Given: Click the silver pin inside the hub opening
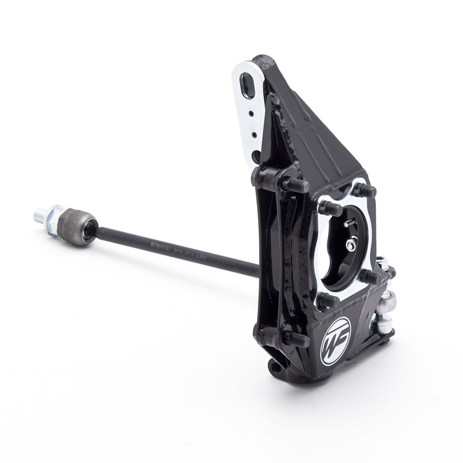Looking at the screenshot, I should pyautogui.click(x=349, y=222).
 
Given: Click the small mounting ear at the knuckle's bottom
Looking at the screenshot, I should pyautogui.click(x=274, y=367).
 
